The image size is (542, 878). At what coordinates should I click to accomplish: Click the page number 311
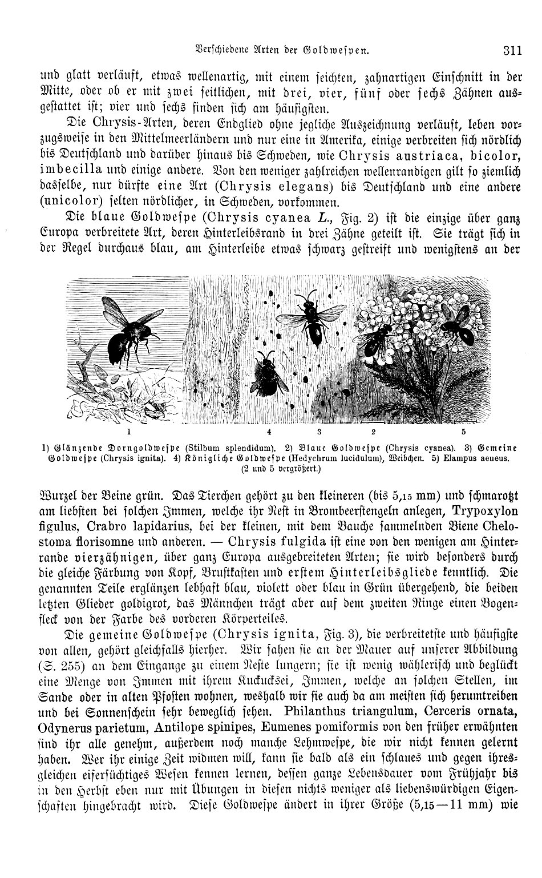click(x=512, y=50)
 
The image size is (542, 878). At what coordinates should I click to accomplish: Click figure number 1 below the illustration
click(x=129, y=432)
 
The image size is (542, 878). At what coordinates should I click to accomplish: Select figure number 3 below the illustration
click(x=319, y=432)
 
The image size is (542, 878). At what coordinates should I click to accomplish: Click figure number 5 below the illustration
click(x=464, y=432)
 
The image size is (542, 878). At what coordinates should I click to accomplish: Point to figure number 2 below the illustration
click(x=373, y=432)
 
